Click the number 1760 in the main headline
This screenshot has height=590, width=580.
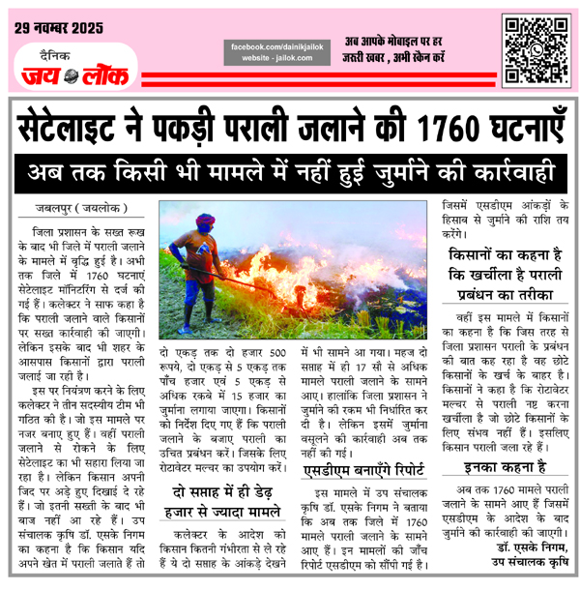click(438, 126)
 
